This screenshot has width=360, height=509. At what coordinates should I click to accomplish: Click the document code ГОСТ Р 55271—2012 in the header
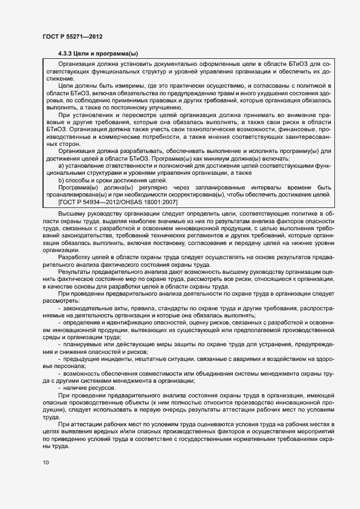(72, 36)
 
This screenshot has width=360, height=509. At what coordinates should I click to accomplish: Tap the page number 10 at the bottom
(46, 463)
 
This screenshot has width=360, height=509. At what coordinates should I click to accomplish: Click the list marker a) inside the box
(62, 164)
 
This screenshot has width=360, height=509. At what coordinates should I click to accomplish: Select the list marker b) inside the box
(62, 180)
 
